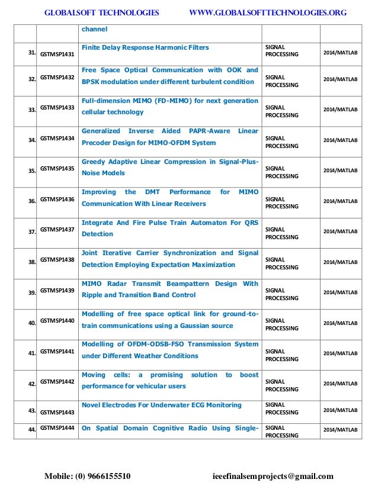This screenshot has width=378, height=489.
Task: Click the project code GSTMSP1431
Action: pyautogui.click(x=57, y=54)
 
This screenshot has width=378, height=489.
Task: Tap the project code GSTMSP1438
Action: pyautogui.click(x=57, y=260)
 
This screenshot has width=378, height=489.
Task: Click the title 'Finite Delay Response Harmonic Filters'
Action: pyautogui.click(x=145, y=47)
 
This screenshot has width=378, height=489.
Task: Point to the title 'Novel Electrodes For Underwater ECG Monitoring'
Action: pyautogui.click(x=161, y=405)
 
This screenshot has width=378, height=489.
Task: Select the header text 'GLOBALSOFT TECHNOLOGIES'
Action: pyautogui.click(x=102, y=12)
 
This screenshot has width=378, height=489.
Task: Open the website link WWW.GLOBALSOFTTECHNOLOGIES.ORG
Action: pyautogui.click(x=267, y=12)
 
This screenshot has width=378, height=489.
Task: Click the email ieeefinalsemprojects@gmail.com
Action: pyautogui.click(x=273, y=476)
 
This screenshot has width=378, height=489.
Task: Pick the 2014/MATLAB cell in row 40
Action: pyautogui.click(x=339, y=323)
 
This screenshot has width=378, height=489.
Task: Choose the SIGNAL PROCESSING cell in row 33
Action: pyautogui.click(x=281, y=111)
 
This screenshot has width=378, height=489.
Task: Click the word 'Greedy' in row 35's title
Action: pyautogui.click(x=94, y=162)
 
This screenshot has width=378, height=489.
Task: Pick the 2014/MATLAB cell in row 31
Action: pyautogui.click(x=339, y=53)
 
